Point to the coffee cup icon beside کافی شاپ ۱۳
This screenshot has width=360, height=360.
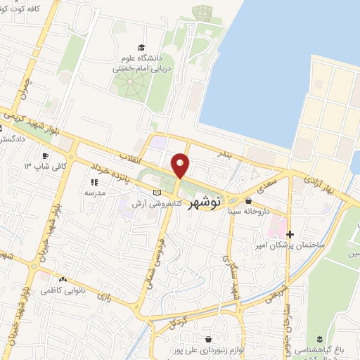pyautogui.click(x=45, y=155)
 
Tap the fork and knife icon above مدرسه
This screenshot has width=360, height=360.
pyautogui.click(x=94, y=182)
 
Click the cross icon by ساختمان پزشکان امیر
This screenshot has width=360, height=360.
pyautogui.click(x=290, y=234)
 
